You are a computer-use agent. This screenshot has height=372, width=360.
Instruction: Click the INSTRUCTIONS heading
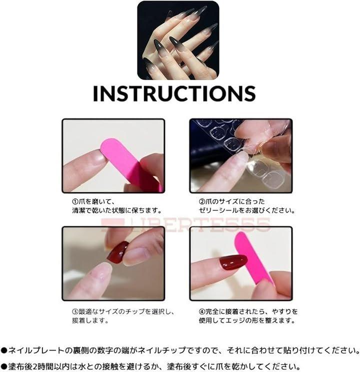tap(174, 94)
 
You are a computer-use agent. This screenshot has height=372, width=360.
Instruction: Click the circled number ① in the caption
tap(75, 202)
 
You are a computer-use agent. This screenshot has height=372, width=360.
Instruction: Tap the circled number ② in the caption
tap(202, 202)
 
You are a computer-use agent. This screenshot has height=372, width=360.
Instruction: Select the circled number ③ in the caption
tap(75, 311)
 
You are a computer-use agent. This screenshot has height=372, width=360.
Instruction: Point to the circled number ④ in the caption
tap(202, 311)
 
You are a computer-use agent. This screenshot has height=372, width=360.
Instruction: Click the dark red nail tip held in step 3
tap(117, 251)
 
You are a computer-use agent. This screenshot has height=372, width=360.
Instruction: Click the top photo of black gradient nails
tap(178, 41)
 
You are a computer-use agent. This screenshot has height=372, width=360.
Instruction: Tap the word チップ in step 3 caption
tap(134, 311)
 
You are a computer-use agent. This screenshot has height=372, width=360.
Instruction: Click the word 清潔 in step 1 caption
tap(78, 210)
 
